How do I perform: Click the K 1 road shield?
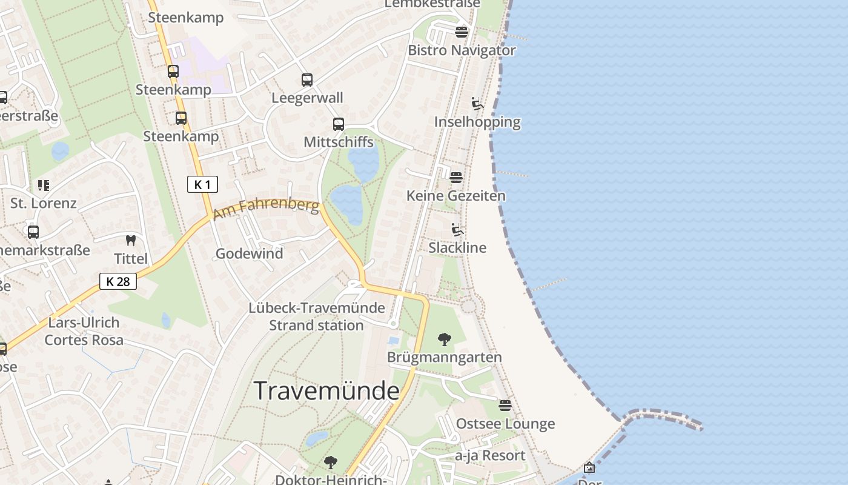(x=202, y=184)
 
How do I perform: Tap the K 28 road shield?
(x=118, y=281)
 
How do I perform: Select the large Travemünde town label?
(x=326, y=390)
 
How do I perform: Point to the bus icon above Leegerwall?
(x=307, y=79)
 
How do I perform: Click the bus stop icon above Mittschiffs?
(x=339, y=124)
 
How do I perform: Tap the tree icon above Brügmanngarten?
(x=445, y=339)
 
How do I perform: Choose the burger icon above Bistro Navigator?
(x=462, y=32)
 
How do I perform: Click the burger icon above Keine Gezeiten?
(x=456, y=177)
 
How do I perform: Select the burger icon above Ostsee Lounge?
(x=505, y=405)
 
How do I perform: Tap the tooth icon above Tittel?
(x=131, y=240)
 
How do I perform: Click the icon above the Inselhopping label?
(x=477, y=104)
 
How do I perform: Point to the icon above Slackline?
(x=457, y=230)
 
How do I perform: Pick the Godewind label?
(x=250, y=253)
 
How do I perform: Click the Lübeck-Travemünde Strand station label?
(x=317, y=316)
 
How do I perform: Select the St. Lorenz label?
(x=44, y=203)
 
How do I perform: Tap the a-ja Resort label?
(x=490, y=455)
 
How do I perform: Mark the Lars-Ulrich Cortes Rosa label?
(x=84, y=331)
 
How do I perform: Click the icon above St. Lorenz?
(x=43, y=185)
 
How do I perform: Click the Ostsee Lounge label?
(x=505, y=424)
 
